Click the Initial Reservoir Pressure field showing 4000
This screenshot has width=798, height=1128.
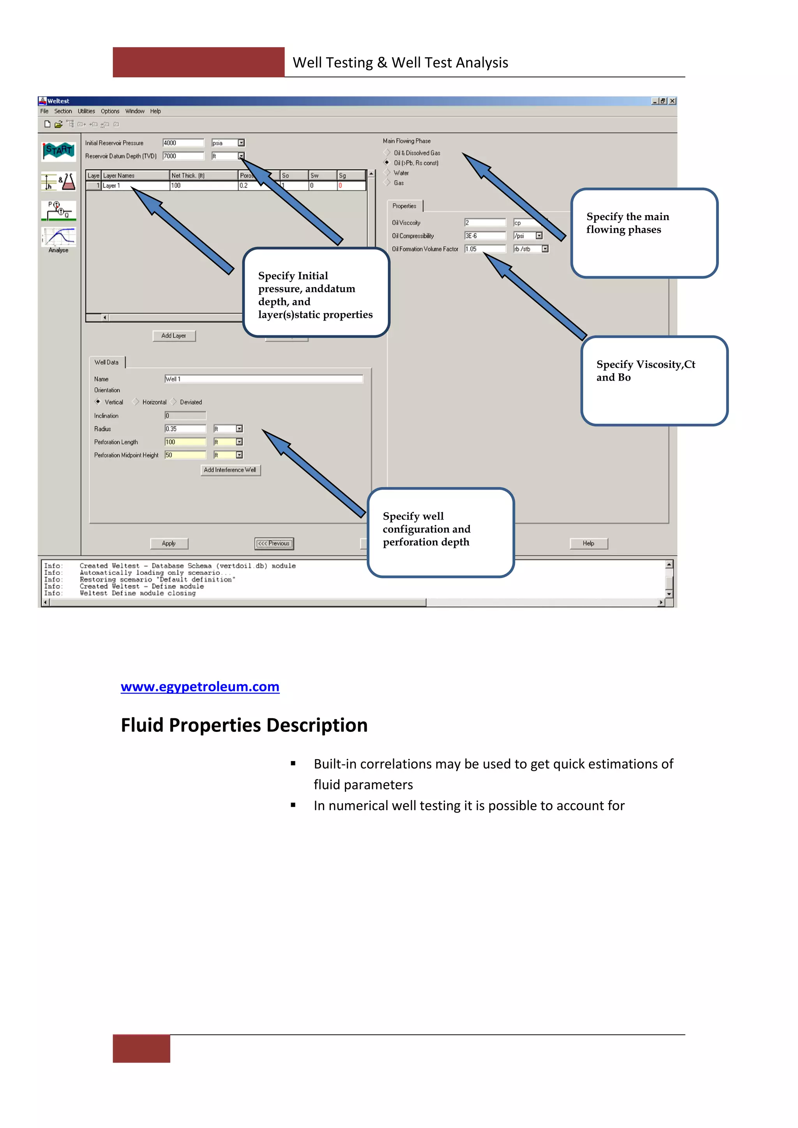click(x=183, y=143)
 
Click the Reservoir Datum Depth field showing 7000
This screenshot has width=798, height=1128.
click(x=183, y=156)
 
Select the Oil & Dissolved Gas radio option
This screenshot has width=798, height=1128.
click(x=388, y=153)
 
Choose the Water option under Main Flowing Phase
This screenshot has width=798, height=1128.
click(x=388, y=173)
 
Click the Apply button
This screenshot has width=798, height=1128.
click(x=169, y=543)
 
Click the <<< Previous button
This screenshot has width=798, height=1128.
click(x=274, y=543)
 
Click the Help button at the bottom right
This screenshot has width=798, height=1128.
click(x=588, y=543)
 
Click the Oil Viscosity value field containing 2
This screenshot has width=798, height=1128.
click(x=484, y=222)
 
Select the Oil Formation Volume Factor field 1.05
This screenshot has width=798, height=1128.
click(x=484, y=249)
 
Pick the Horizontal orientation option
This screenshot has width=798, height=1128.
click(x=136, y=402)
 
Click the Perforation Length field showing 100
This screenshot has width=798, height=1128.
click(x=185, y=442)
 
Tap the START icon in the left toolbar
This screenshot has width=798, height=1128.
click(x=58, y=150)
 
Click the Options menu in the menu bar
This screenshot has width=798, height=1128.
click(x=110, y=111)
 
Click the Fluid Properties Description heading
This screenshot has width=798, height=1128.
click(x=244, y=725)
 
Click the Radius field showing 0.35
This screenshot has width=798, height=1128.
click(x=185, y=429)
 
